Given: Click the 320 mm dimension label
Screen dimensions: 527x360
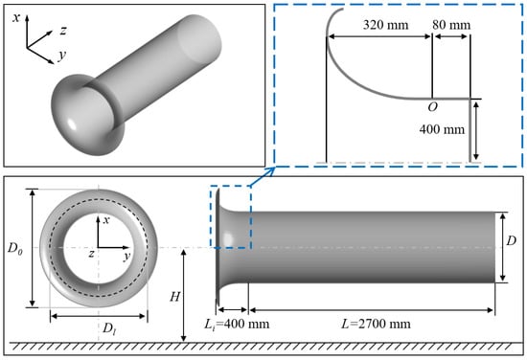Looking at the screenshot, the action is [385, 25].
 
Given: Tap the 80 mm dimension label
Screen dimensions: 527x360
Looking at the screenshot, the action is [451, 25].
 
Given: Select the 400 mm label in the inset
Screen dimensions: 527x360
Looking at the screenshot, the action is [442, 129].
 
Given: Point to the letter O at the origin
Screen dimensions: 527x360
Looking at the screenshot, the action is [432, 107].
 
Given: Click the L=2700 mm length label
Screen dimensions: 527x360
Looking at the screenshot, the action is [376, 324].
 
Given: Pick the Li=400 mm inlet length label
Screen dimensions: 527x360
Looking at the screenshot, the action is [237, 324].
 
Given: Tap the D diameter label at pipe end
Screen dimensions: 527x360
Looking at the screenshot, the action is [511, 240].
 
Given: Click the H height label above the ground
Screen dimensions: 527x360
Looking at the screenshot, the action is [174, 297].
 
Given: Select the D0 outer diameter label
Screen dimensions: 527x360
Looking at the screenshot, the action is [15, 249].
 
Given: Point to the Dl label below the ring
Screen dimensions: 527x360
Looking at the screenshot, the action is [109, 327].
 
